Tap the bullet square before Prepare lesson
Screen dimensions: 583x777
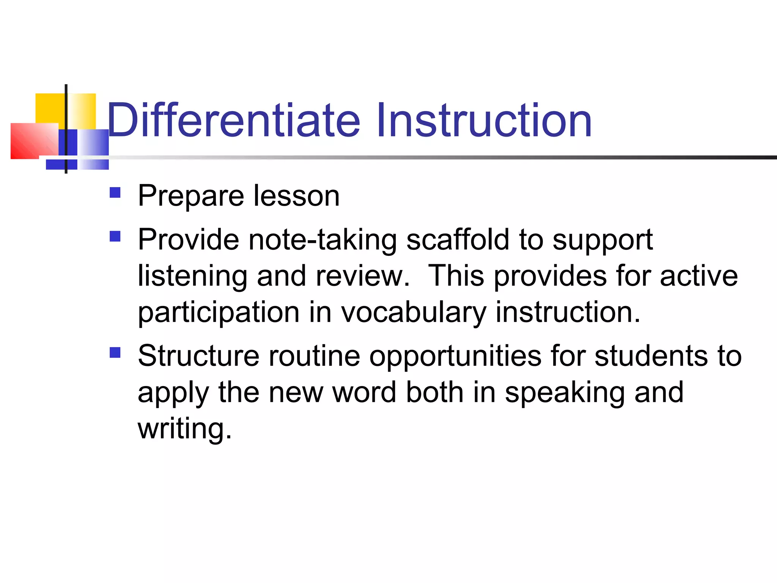[x=115, y=193]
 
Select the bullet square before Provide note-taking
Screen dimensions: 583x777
[x=115, y=236]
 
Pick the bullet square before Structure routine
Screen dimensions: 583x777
[x=115, y=353]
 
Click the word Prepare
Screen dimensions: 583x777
[x=191, y=197]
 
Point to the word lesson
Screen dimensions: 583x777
[x=296, y=197]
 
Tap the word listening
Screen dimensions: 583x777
[x=192, y=276]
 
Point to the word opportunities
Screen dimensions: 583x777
[x=455, y=356]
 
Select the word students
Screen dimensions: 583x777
[x=651, y=356]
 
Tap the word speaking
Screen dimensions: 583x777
[x=565, y=392]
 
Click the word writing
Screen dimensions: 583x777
[x=184, y=429]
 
